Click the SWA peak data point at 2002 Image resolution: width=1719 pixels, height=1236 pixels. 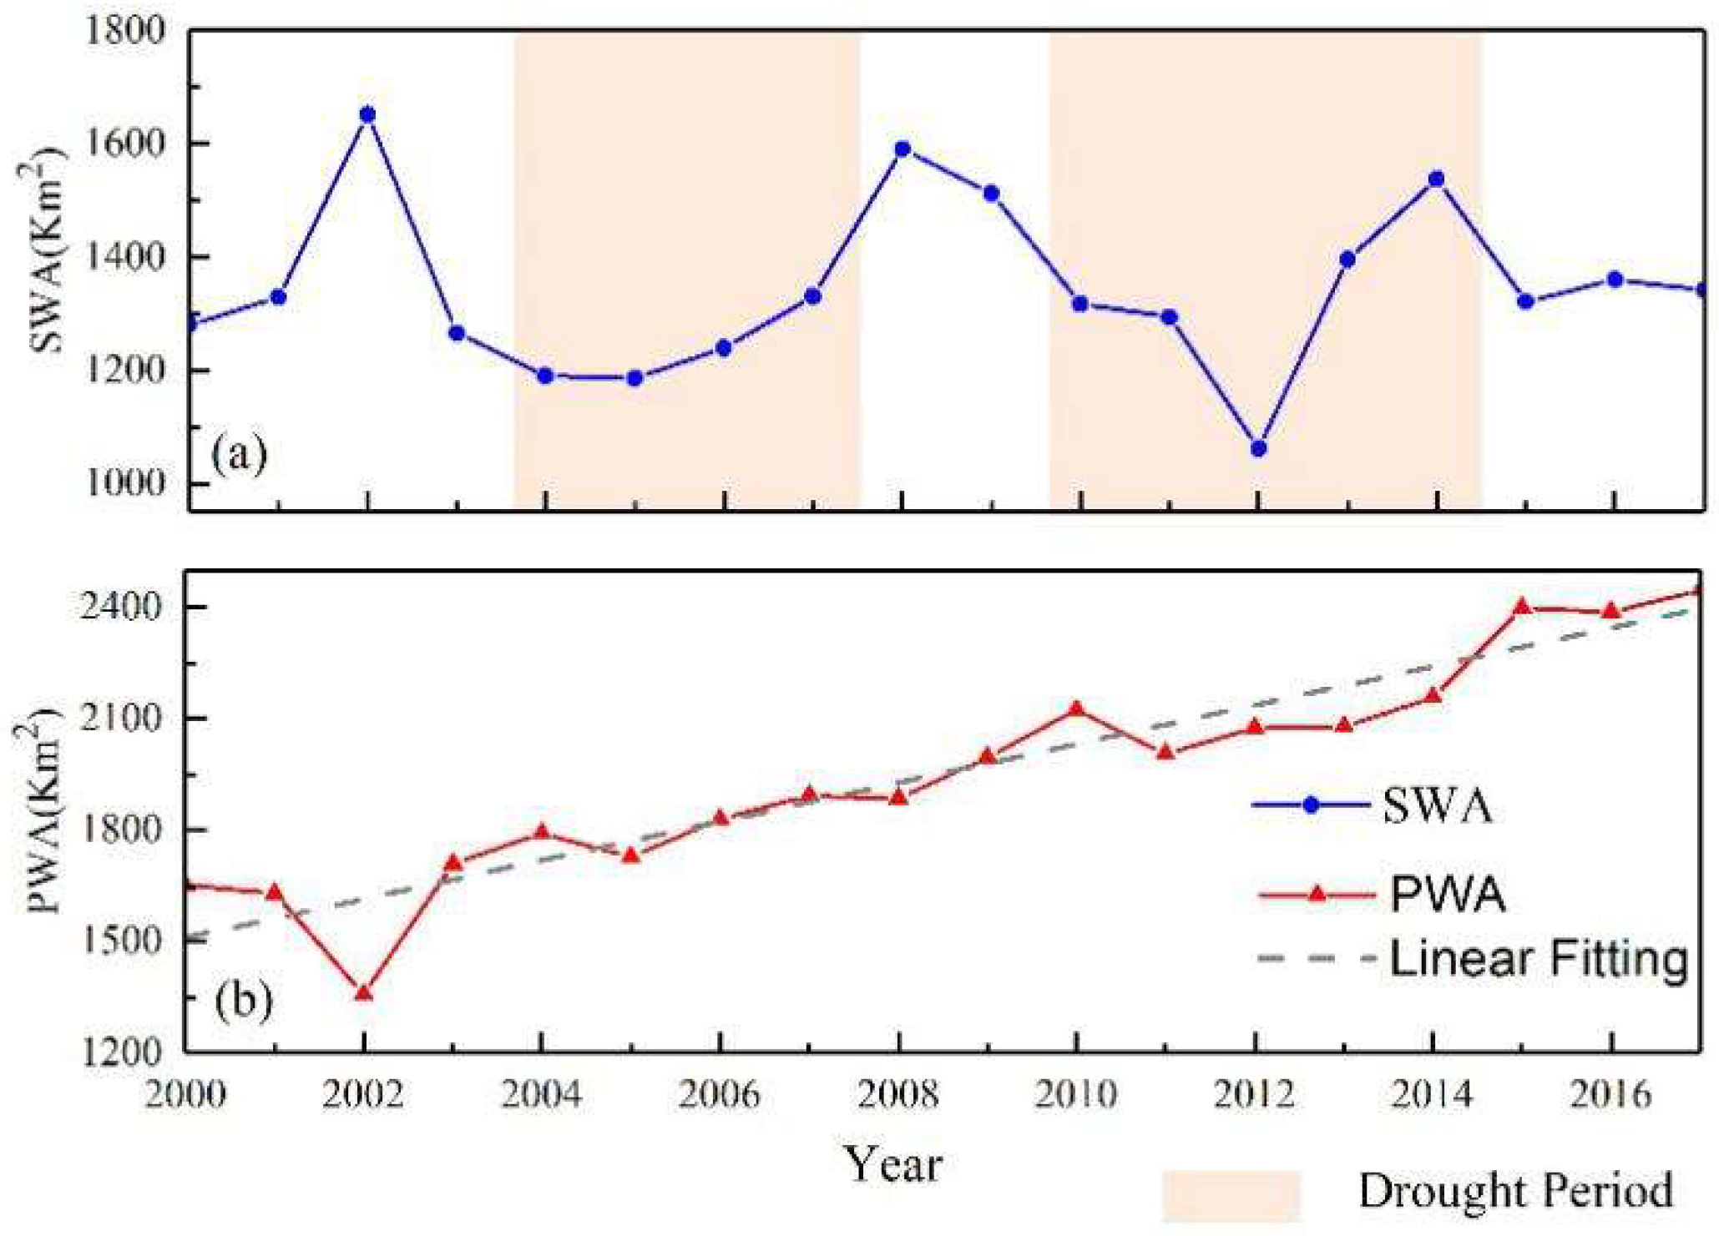point(367,115)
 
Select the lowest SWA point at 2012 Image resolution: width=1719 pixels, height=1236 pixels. point(1258,449)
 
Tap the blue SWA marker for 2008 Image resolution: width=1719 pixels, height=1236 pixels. point(902,149)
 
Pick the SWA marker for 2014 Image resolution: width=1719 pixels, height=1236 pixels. point(1436,179)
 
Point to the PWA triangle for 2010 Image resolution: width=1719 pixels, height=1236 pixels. point(1076,709)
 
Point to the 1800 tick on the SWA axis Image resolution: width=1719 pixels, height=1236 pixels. point(125,32)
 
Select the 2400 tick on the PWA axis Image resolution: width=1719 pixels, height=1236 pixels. point(121,607)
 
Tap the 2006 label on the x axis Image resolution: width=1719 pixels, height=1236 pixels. point(719,1093)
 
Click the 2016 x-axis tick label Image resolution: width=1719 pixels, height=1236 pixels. point(1610,1093)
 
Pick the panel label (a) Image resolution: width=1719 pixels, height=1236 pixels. point(239,456)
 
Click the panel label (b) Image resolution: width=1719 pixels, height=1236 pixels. point(243,1000)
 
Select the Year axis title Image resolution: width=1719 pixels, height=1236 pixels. point(893,1163)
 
